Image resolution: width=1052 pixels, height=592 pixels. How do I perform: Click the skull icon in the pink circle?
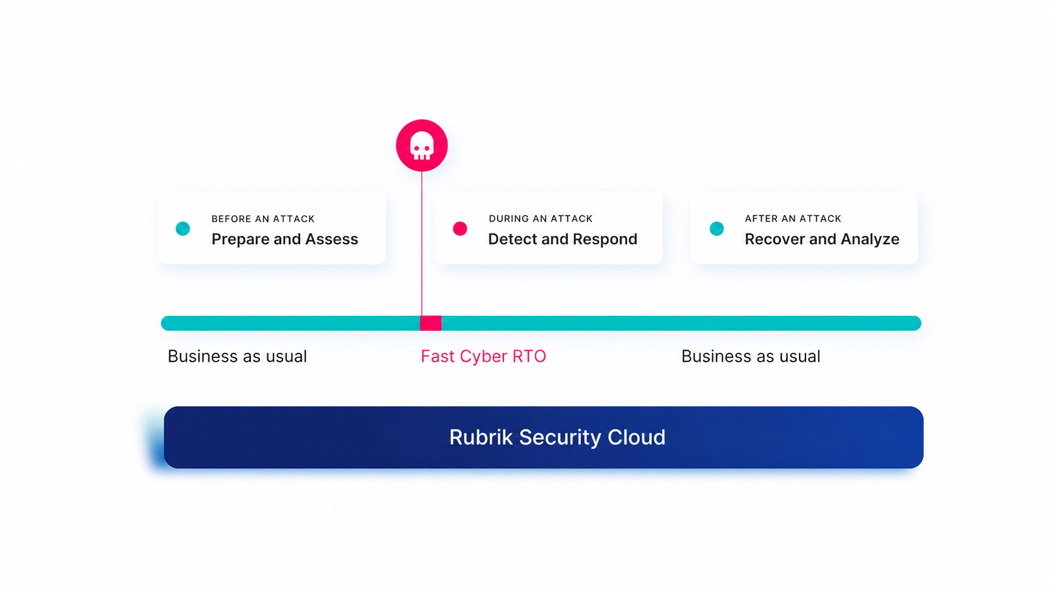pos(422,146)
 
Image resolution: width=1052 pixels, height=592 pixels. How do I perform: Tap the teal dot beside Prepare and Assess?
pos(182,228)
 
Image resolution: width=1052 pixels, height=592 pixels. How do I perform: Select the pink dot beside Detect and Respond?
pos(460,228)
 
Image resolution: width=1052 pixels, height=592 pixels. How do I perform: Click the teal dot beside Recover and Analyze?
pos(717,228)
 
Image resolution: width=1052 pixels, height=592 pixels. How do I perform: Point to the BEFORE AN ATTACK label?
pos(263,219)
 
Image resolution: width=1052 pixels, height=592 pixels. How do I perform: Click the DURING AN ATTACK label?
pos(540,219)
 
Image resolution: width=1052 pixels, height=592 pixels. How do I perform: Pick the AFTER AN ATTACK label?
pos(793,219)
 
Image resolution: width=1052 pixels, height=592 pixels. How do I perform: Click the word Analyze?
pos(870,240)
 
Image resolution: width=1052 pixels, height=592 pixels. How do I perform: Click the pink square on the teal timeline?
pos(430,323)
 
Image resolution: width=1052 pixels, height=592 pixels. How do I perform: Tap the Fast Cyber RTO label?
pos(483,356)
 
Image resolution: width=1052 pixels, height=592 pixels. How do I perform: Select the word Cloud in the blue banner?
pos(636,437)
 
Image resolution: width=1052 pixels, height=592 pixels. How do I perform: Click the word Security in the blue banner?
pos(560,437)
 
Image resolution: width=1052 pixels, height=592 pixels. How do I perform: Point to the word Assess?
pos(332,240)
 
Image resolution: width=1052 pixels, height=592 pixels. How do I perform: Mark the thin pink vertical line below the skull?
pos(422,243)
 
